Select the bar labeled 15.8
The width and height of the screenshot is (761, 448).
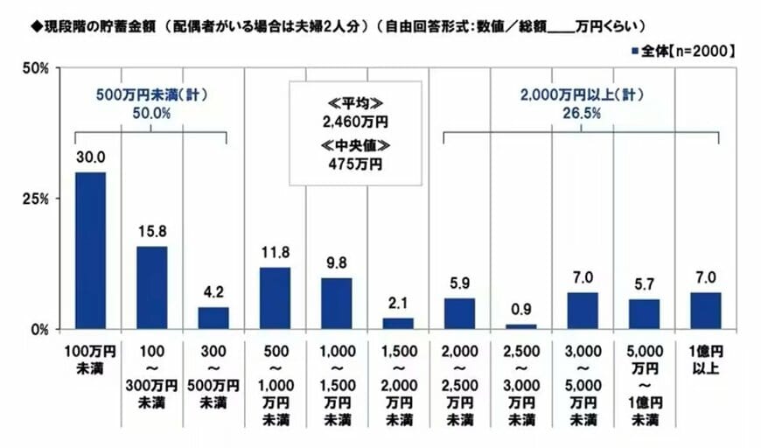point(150,288)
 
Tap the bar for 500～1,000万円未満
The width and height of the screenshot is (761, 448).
point(275,298)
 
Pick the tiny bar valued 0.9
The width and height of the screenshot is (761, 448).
point(520,326)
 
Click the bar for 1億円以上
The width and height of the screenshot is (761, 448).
point(706,311)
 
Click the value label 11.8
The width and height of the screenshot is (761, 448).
point(275,253)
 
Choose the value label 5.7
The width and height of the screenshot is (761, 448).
point(644,284)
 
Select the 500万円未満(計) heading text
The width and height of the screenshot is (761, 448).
point(150,93)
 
